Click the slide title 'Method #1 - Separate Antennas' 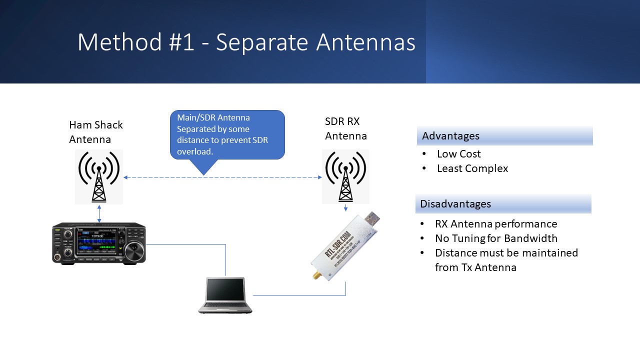(x=246, y=42)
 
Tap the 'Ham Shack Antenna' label (x=95, y=131)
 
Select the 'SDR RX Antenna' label (x=345, y=128)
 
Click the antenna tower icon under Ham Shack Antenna (x=99, y=176)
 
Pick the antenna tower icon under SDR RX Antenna (x=345, y=176)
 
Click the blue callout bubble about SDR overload (x=227, y=134)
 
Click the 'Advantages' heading (x=450, y=136)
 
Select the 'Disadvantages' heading (x=455, y=204)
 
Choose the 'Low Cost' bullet (x=458, y=154)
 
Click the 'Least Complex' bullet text (x=472, y=168)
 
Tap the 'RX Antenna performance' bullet (x=495, y=224)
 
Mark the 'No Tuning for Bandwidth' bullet (x=495, y=238)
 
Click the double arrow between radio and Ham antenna (x=99, y=213)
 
